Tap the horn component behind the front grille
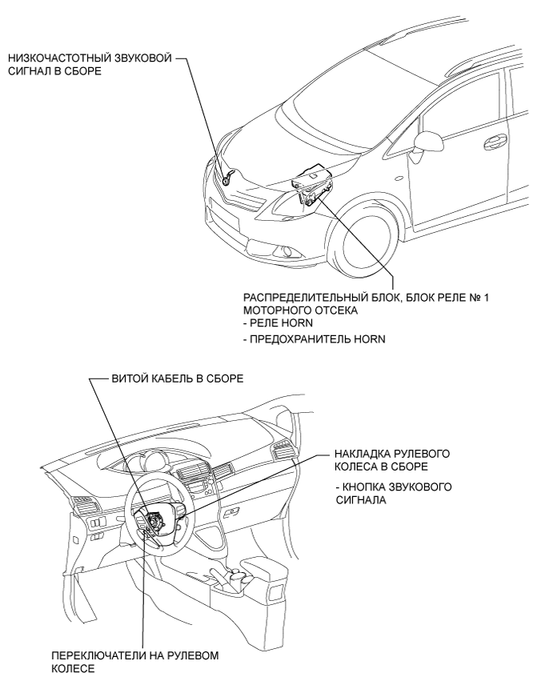(x=228, y=178)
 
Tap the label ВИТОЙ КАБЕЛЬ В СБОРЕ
(x=178, y=379)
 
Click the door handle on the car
(x=495, y=141)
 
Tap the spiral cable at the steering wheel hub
(x=154, y=521)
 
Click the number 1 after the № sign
(x=487, y=298)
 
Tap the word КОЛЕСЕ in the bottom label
(x=73, y=669)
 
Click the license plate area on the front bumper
(x=223, y=214)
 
